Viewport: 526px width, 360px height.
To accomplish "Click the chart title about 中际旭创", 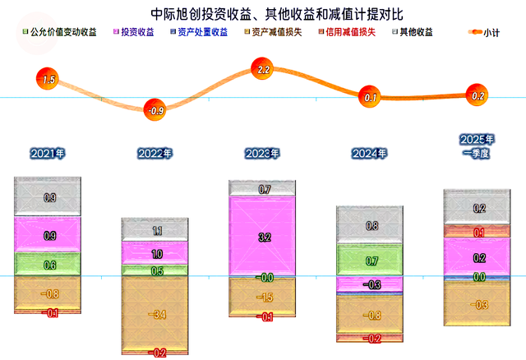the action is tap(276, 14).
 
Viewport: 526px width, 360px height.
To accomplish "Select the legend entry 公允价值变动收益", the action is tap(60, 32).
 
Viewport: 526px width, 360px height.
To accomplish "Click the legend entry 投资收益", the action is tap(133, 32).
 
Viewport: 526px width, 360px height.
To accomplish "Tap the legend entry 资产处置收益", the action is tap(199, 32).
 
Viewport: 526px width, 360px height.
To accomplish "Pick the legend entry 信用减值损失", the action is tap(347, 32).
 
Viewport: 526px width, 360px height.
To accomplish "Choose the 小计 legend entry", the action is tap(484, 33).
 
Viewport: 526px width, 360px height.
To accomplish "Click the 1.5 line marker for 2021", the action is tap(48, 79).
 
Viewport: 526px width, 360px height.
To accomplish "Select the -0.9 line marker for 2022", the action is tap(155, 109).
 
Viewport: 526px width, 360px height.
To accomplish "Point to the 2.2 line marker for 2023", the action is tap(262, 68).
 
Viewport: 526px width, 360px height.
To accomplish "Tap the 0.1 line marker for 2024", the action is tap(369, 97).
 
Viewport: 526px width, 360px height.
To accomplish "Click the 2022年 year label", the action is tap(155, 154).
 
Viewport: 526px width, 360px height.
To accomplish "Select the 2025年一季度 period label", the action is tap(477, 146).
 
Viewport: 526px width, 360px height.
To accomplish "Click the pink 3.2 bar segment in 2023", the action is tap(262, 236).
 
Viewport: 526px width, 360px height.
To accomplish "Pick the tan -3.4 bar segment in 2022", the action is tap(155, 314).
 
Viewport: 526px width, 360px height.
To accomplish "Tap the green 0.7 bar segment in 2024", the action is tap(369, 260).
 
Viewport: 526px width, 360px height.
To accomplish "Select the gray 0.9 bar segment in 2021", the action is tap(48, 196).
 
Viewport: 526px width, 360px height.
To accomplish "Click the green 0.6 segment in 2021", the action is tap(48, 264).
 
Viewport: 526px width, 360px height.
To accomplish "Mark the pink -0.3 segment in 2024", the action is tap(369, 284).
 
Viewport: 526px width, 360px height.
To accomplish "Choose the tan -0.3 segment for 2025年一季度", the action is tap(477, 303).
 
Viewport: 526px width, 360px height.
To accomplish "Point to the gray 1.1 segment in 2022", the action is tap(155, 229).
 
